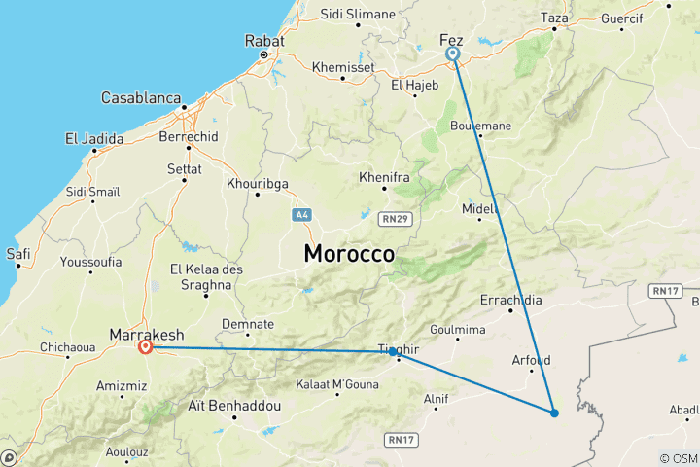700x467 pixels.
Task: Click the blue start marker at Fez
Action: coord(453,54)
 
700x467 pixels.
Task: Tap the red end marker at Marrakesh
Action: coord(146,346)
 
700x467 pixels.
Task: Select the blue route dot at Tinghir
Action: coord(393,351)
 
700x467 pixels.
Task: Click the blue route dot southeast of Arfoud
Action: coord(554,413)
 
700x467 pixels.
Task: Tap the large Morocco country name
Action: coord(349,254)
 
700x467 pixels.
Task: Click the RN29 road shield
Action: coord(396,219)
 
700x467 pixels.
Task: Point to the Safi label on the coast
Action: coord(18,254)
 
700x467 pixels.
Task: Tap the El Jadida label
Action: coord(94,139)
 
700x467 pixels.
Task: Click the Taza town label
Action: coord(554,18)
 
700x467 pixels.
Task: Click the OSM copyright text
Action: coord(678,458)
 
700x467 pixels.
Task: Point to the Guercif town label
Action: coord(622,18)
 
